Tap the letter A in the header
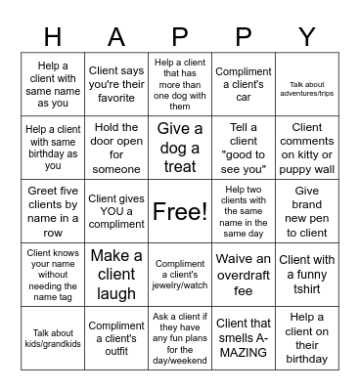coord(116,36)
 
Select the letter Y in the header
coord(306,36)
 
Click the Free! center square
coord(180,210)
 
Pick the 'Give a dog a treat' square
coord(180,148)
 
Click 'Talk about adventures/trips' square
coord(307,86)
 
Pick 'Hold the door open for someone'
coord(116,148)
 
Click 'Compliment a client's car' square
coord(244,86)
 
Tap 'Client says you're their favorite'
coord(116,86)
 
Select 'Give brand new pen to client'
coord(307,210)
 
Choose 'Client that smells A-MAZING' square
coord(244,337)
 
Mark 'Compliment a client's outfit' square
coord(116,337)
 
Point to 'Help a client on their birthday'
coord(307,337)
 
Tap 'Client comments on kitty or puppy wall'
coord(307,148)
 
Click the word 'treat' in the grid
coord(180,166)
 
